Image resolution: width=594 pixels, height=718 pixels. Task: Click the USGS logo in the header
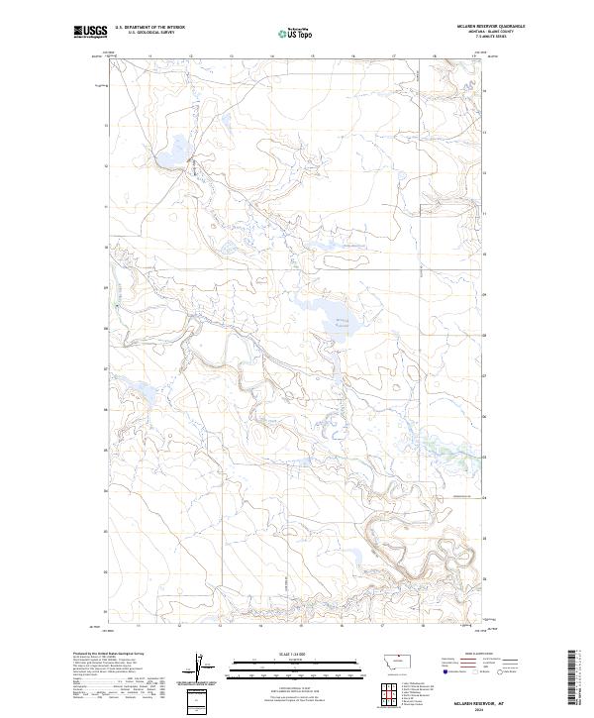[x=90, y=33]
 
